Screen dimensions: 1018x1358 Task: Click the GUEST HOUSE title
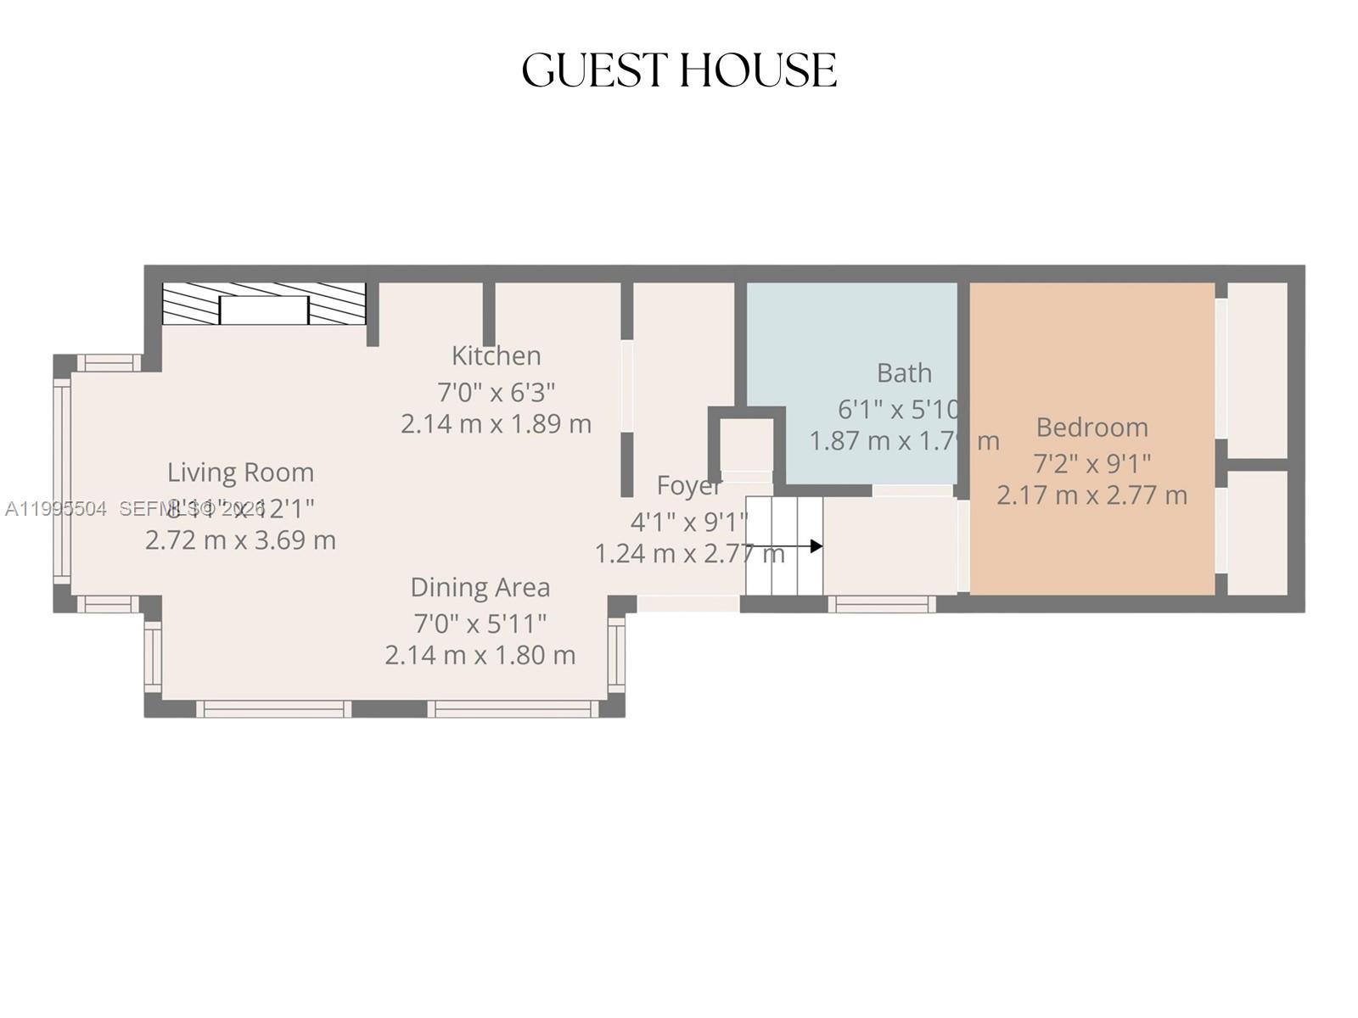coord(679,70)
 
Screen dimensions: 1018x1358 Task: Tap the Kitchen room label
coord(496,355)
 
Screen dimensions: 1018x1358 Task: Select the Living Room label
coord(240,472)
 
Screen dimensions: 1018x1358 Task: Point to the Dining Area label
coord(480,587)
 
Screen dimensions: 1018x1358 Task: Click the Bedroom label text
coord(1091,427)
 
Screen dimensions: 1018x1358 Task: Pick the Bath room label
coord(904,372)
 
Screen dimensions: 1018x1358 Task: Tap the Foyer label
coord(688,486)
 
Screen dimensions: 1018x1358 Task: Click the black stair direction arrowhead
coord(816,546)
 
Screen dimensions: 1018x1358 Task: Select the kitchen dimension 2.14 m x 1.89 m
coord(496,423)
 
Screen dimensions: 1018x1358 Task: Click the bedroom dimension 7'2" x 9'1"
coord(1091,464)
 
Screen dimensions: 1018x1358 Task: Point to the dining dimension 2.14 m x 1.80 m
coord(480,655)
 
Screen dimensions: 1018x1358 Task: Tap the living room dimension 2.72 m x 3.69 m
coord(240,540)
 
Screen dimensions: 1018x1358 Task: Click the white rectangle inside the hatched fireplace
coord(263,310)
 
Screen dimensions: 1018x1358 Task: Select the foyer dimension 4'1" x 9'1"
coord(688,520)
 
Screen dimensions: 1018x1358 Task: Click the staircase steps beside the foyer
coord(783,545)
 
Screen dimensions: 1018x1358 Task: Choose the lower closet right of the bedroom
coord(1257,532)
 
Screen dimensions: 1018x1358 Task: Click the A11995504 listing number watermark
coord(56,509)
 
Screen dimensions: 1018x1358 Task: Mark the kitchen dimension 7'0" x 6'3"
coord(496,392)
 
